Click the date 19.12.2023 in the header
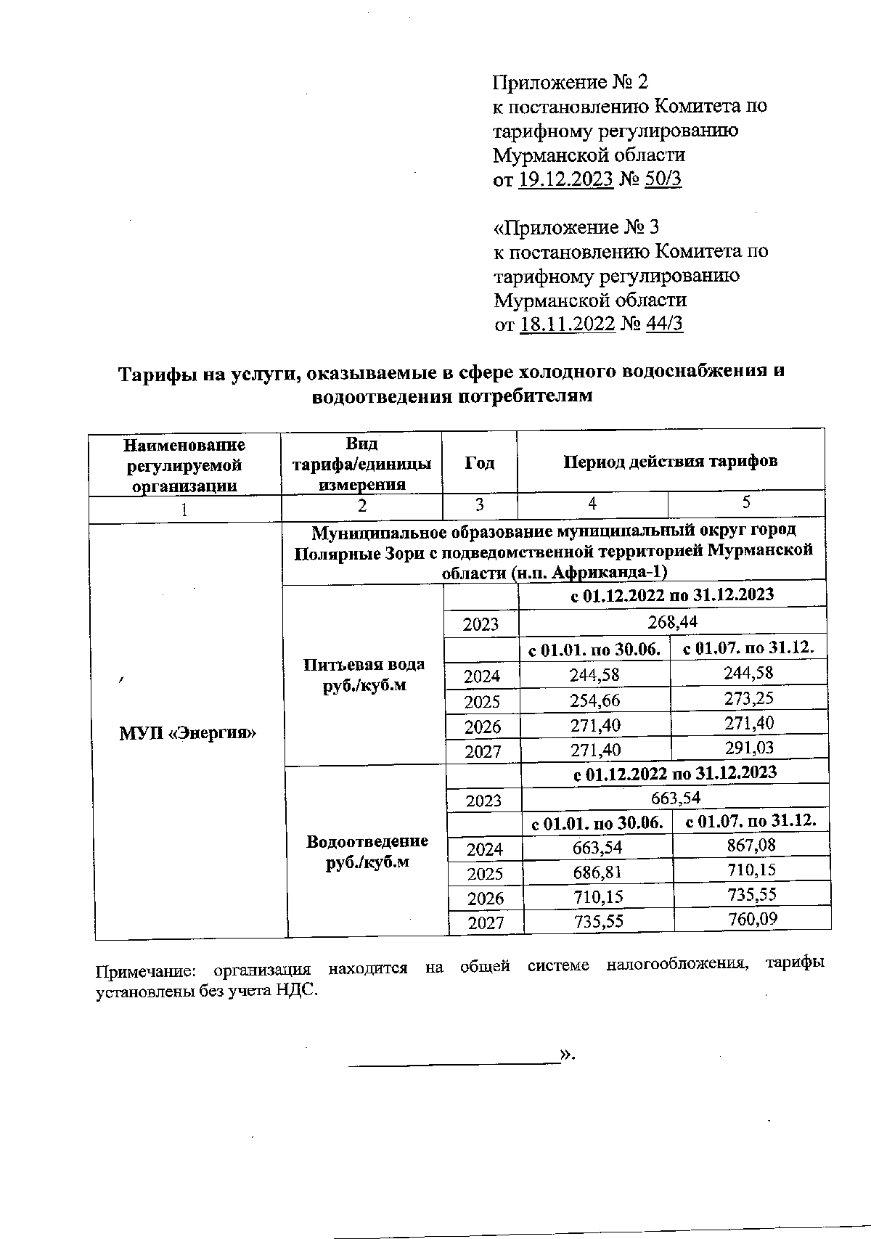(567, 179)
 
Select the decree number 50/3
(663, 179)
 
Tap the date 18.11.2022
(568, 324)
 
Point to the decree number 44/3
(664, 324)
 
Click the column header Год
(479, 463)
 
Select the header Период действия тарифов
(671, 461)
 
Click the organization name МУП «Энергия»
(188, 732)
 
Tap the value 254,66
(595, 700)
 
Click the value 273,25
(748, 698)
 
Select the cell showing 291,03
(749, 748)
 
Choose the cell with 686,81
(597, 872)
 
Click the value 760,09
(753, 920)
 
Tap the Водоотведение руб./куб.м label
(367, 851)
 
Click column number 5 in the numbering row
(746, 502)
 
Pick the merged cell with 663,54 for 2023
(675, 798)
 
